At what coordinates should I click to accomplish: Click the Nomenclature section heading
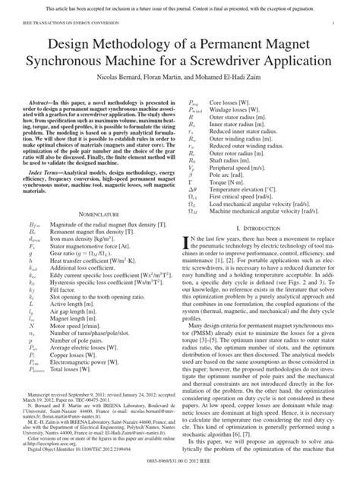click(x=93, y=257)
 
